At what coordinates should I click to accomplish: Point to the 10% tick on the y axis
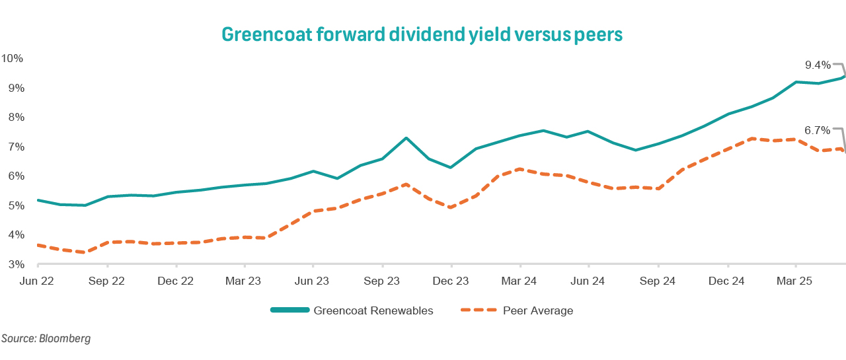(x=13, y=58)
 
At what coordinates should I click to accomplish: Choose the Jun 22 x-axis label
(x=38, y=281)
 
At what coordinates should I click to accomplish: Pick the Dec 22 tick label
(x=175, y=281)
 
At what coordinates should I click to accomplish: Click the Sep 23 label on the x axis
(x=382, y=281)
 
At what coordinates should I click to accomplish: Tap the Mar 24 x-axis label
(x=520, y=281)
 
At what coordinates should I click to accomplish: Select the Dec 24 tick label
(x=726, y=281)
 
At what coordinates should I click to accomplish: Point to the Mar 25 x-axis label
(x=795, y=281)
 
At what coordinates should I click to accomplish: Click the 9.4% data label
(x=817, y=65)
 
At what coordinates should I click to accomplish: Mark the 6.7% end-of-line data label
(x=817, y=131)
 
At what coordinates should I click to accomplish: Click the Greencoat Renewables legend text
(x=373, y=310)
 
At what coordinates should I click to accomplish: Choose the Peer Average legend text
(x=538, y=310)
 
